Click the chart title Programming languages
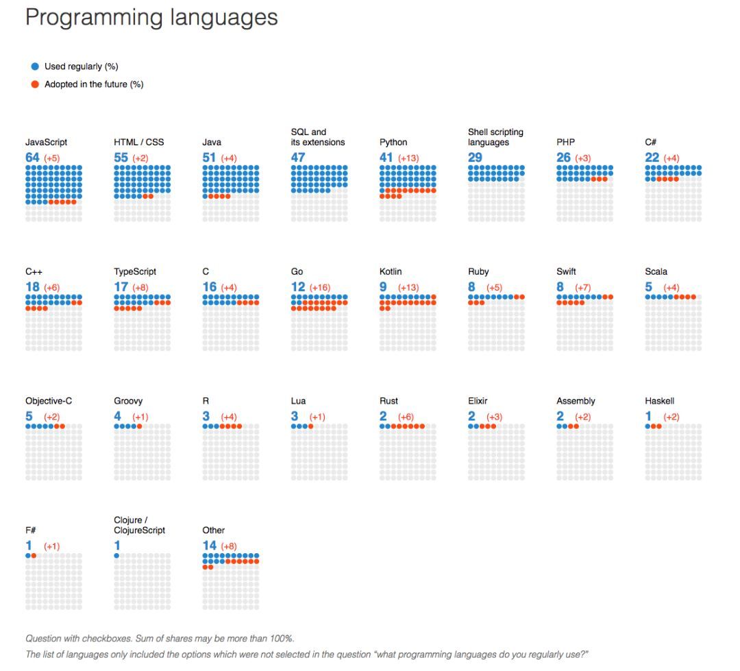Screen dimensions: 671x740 point(151,18)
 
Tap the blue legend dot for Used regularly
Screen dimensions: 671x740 point(35,66)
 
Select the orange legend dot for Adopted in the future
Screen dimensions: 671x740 point(35,84)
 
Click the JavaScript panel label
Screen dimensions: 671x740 point(46,143)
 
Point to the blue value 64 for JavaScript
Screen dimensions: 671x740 point(32,158)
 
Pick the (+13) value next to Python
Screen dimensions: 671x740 point(409,158)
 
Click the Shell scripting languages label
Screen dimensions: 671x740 point(495,137)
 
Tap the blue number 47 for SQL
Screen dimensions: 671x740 point(298,158)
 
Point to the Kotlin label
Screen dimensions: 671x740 point(391,272)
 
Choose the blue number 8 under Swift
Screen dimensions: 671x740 point(560,287)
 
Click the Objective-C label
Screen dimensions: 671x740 point(49,402)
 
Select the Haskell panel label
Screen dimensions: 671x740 point(659,402)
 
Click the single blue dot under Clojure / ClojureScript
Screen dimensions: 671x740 point(116,556)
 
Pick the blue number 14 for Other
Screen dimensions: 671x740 point(209,546)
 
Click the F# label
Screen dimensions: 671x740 point(32,530)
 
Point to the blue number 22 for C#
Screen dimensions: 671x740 point(652,158)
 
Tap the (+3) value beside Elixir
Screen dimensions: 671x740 point(495,417)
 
